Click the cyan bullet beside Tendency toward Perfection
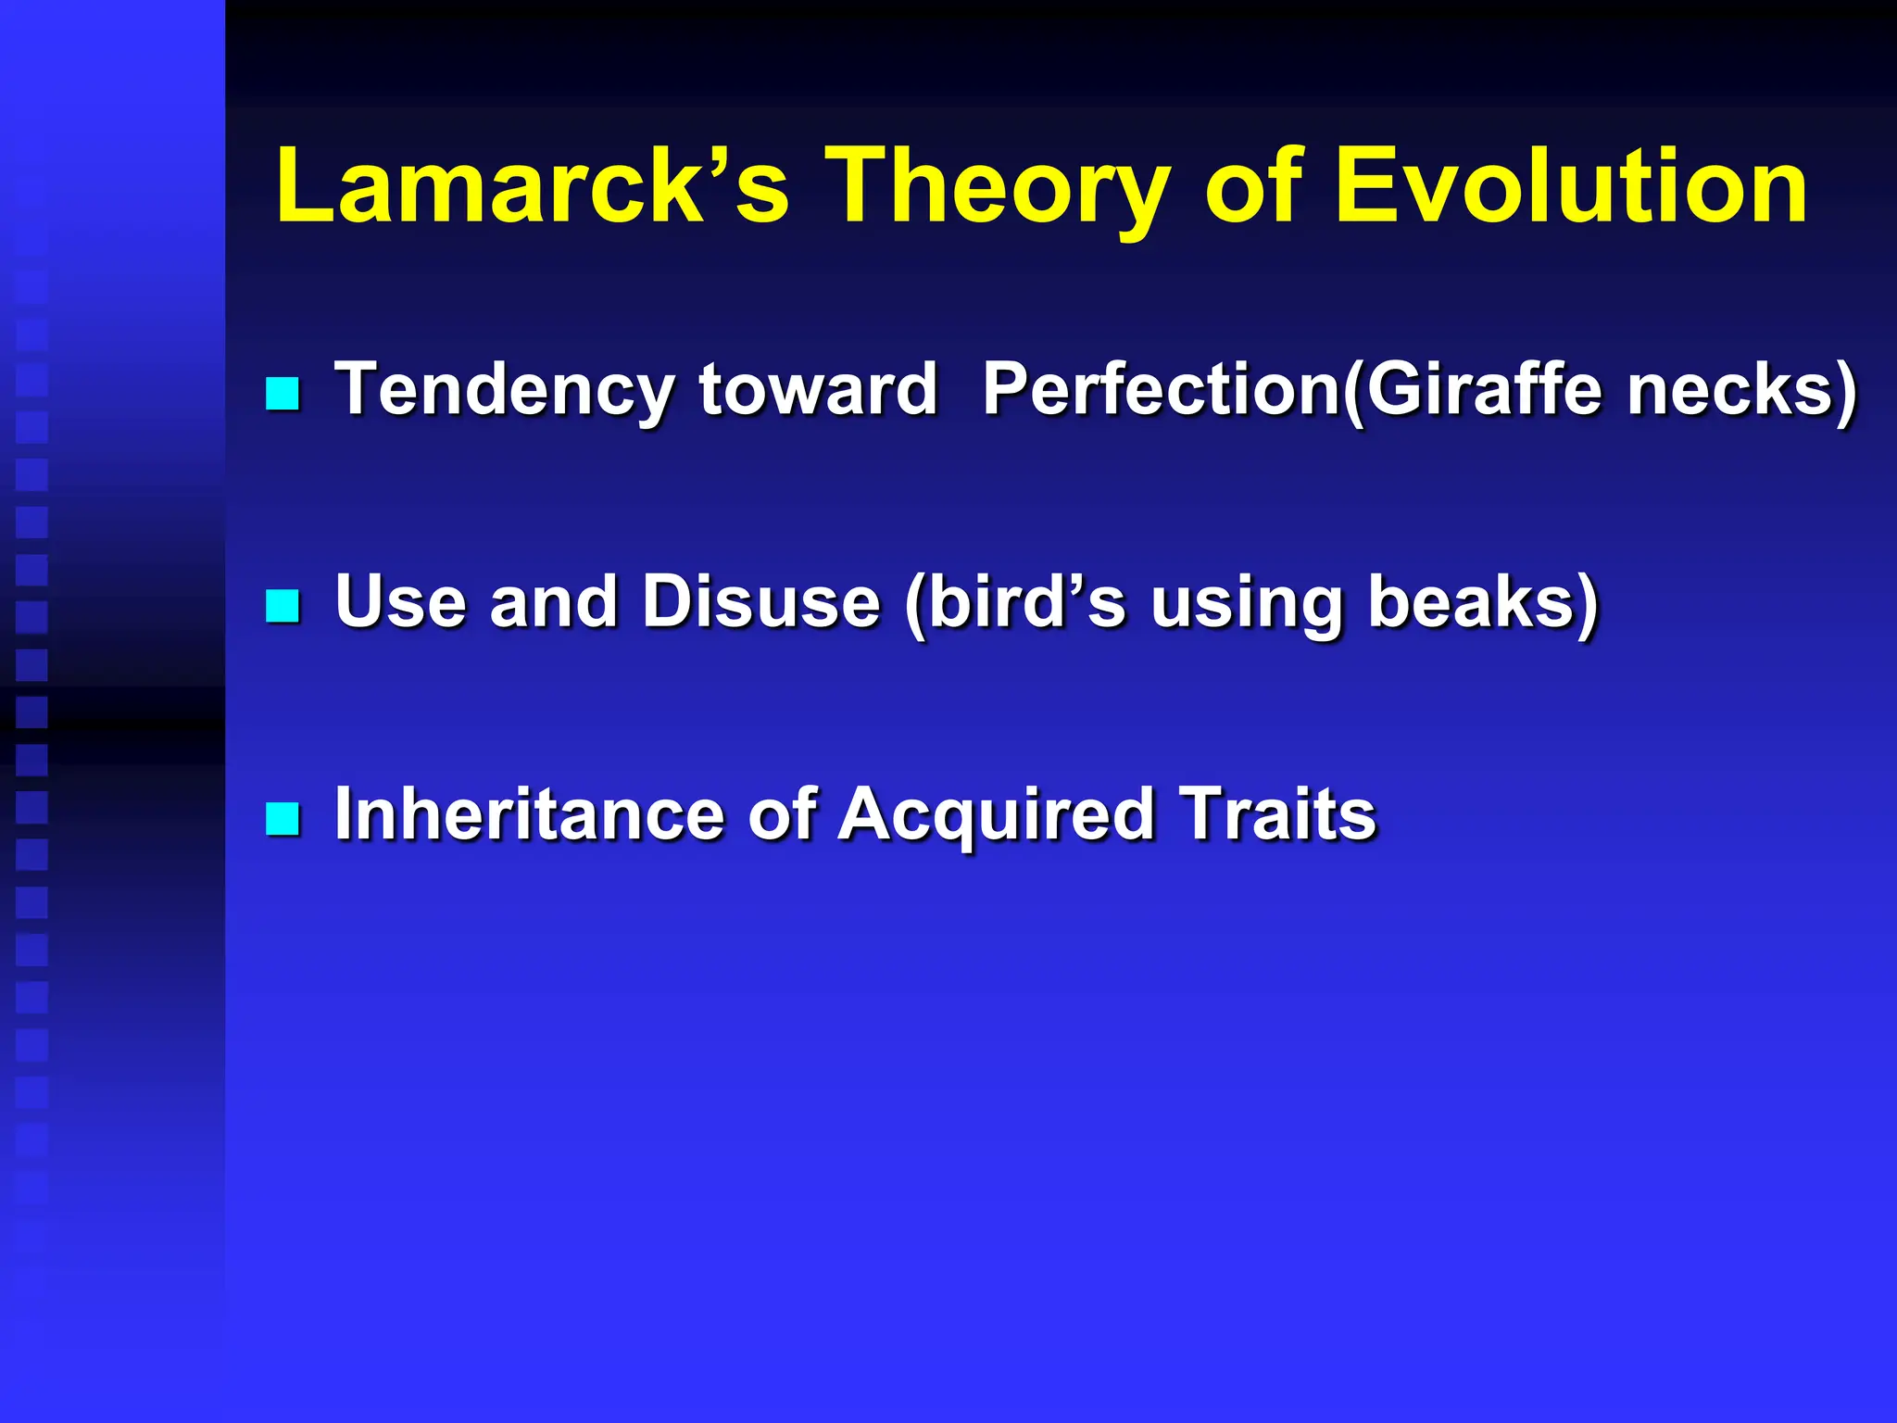tap(283, 394)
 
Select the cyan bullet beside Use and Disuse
tap(283, 607)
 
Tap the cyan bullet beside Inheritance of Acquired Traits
tap(283, 819)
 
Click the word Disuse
tap(760, 601)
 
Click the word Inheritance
tap(528, 814)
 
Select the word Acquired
tap(996, 814)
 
